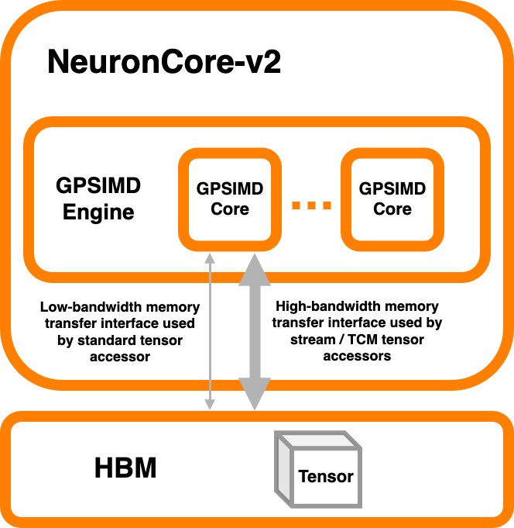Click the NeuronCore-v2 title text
pyautogui.click(x=163, y=61)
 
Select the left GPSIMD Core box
pyautogui.click(x=229, y=198)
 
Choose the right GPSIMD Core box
pyautogui.click(x=392, y=198)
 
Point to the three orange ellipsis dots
pyautogui.click(x=311, y=205)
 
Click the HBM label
pyautogui.click(x=125, y=468)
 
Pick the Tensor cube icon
pyautogui.click(x=318, y=468)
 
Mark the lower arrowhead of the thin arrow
pyautogui.click(x=209, y=403)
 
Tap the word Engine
pyautogui.click(x=98, y=212)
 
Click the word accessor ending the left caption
pyautogui.click(x=118, y=357)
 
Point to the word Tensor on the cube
pyautogui.click(x=326, y=476)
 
